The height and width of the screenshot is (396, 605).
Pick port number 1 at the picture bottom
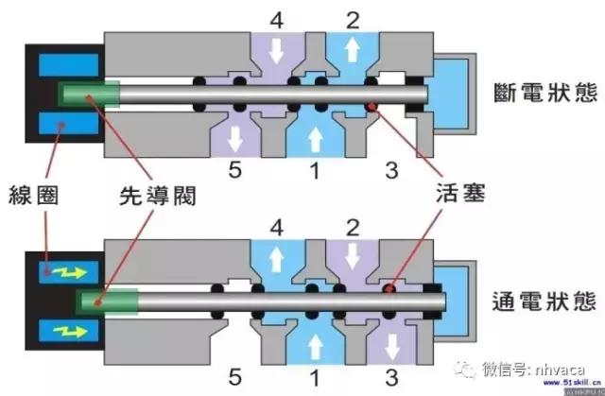[x=313, y=379]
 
